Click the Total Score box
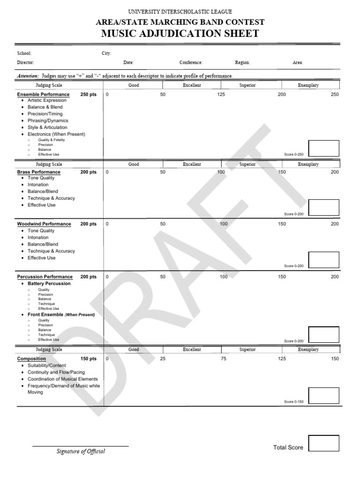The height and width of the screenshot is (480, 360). point(323,443)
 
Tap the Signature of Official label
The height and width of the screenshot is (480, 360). point(81,451)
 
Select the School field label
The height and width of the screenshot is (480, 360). point(24,53)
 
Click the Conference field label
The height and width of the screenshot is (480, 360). point(191,62)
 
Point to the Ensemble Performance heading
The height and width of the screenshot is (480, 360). point(43,95)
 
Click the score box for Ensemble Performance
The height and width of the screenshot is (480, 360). point(323,148)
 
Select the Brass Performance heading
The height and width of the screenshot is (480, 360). point(39,172)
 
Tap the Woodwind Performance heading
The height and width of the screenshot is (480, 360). point(44,224)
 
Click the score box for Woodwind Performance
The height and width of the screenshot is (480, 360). point(323,260)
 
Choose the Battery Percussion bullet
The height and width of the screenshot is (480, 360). point(49,284)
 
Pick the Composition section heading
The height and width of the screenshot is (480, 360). point(31,359)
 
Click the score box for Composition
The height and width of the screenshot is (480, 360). point(323,395)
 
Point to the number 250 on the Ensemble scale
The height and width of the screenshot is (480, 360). point(334,95)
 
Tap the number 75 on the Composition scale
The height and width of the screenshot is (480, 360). point(224,359)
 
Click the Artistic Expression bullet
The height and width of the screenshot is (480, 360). point(47,100)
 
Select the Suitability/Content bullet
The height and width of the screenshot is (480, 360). point(47,366)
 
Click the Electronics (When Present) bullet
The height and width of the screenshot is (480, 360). point(56,134)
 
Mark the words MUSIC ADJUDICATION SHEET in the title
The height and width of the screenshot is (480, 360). point(180,33)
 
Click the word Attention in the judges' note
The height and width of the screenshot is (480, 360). point(28,76)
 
